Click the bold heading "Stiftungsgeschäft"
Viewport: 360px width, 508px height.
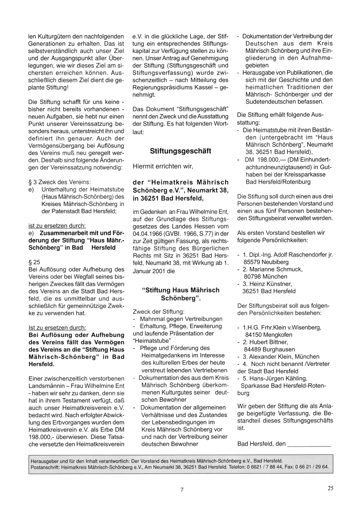coord(180,151)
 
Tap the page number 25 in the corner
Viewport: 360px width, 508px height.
coord(330,488)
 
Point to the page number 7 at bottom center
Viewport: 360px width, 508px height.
coord(182,489)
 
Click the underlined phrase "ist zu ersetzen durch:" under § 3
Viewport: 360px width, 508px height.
coord(57,226)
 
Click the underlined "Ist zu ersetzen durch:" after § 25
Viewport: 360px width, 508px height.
coord(57,328)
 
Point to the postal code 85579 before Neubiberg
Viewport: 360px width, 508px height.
coord(252,262)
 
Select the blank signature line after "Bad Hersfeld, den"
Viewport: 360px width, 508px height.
coord(310,444)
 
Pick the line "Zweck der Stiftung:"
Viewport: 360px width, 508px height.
coord(158,312)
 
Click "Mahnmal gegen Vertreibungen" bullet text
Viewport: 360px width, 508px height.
coord(181,319)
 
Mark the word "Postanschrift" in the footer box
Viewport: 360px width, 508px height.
coord(44,467)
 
